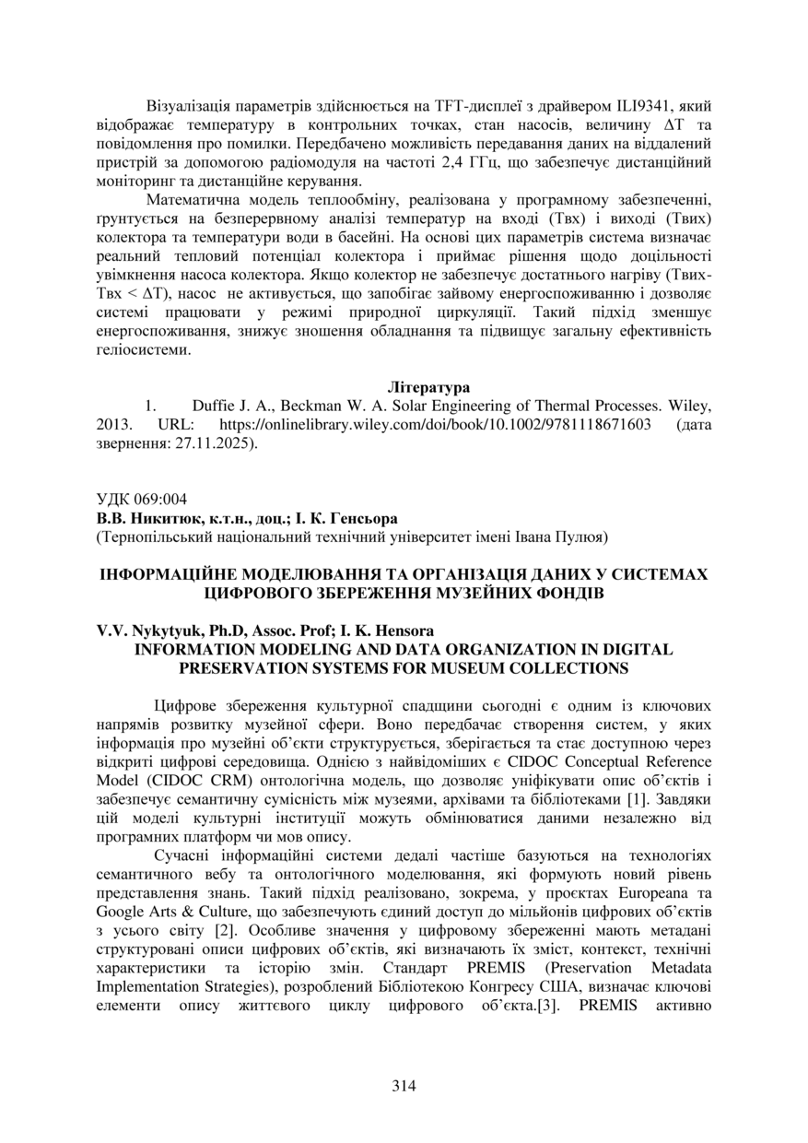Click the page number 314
coord(404,1085)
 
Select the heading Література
coord(428,388)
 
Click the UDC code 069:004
coord(158,500)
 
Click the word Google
coord(121,913)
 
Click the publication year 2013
coord(114,425)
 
